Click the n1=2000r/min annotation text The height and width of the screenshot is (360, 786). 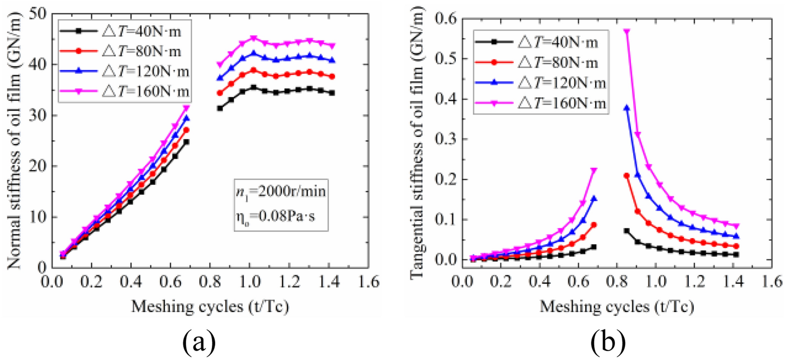[x=280, y=190]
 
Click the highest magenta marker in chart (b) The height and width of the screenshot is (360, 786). [x=627, y=32]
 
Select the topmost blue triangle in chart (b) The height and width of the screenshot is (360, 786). [x=627, y=108]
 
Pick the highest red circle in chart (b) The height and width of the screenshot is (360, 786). [x=627, y=176]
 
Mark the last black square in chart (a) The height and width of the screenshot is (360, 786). [x=332, y=93]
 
